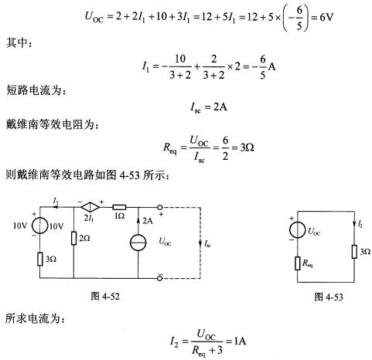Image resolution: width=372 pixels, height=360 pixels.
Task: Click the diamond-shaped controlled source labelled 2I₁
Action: tap(90, 207)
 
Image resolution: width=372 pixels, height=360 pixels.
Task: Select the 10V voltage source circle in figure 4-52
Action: tap(40, 226)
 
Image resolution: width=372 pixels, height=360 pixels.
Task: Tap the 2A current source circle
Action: tap(138, 243)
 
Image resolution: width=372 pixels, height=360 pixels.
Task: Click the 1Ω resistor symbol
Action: tap(119, 207)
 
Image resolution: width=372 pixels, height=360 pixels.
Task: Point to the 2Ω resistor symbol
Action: tap(73, 238)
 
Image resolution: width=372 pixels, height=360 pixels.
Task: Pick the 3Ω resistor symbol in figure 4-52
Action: tap(40, 259)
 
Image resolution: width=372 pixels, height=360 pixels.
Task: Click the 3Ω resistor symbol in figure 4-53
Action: tap(354, 252)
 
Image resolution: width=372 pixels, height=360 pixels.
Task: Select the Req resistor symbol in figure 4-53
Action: tap(298, 263)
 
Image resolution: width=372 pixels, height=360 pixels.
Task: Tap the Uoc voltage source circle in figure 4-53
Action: tap(298, 229)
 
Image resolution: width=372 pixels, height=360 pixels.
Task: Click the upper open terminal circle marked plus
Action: tap(160, 207)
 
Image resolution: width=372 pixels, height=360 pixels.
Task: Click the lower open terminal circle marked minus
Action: tap(160, 278)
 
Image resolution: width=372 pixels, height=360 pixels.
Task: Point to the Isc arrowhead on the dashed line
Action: tap(200, 243)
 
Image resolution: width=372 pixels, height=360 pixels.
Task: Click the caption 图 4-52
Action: tap(105, 296)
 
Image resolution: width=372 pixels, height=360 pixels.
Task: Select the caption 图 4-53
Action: tap(329, 297)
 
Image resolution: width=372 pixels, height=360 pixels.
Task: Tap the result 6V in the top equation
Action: tap(326, 18)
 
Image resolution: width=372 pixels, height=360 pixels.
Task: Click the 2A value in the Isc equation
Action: tap(220, 107)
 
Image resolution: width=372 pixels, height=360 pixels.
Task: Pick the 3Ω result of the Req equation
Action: tap(247, 148)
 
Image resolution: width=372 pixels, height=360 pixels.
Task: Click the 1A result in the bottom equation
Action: tap(240, 341)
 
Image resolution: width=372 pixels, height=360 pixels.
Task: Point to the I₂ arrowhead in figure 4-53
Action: tap(354, 224)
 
